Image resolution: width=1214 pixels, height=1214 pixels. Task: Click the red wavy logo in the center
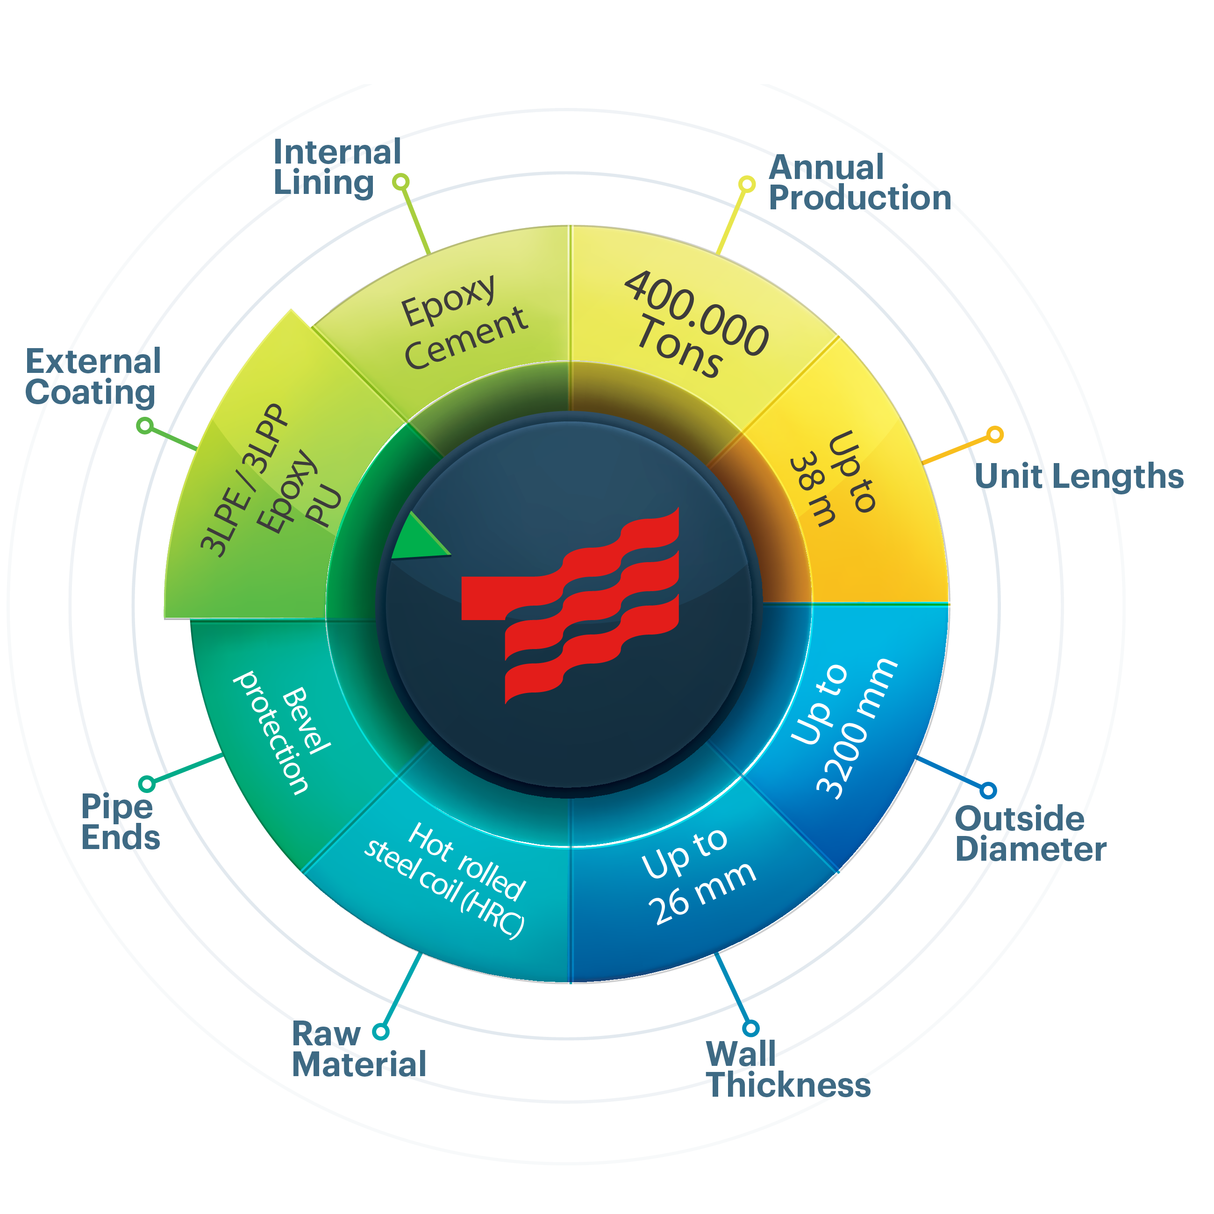pyautogui.click(x=571, y=605)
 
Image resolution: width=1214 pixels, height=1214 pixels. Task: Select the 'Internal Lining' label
pyautogui.click(x=337, y=167)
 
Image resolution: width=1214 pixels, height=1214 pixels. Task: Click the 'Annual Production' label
pyautogui.click(x=860, y=182)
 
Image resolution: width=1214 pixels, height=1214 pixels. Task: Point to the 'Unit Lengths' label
pyautogui.click(x=1079, y=476)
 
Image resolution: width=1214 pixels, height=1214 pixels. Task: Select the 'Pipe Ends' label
pyautogui.click(x=121, y=822)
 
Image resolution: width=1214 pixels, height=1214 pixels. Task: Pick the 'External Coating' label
pyautogui.click(x=93, y=377)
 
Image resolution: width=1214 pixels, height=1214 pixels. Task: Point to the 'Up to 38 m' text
pyautogui.click(x=831, y=479)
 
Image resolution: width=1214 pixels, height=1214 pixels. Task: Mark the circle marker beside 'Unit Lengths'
pyautogui.click(x=995, y=434)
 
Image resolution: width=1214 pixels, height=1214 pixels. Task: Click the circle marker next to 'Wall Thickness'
pyautogui.click(x=751, y=1028)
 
